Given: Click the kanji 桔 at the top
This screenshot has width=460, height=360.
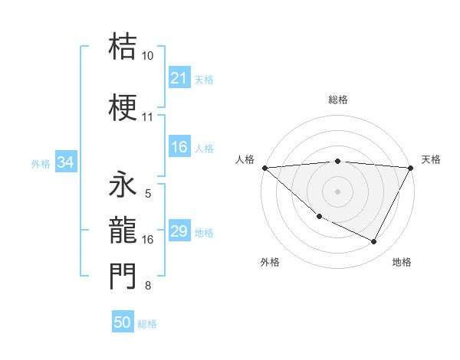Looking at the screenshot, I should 123,47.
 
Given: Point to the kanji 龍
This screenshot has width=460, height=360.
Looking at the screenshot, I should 123,230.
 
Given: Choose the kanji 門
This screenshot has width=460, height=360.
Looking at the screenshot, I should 123,277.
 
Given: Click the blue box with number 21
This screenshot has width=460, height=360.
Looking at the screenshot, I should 179,78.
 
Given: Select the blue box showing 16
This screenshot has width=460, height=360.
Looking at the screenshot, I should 179,148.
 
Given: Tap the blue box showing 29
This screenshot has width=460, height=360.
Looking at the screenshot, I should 179,231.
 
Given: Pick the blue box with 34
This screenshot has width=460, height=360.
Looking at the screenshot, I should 65,162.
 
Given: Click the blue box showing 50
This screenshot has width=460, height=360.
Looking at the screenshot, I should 123,322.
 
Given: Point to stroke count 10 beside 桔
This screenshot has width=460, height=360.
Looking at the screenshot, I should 148,56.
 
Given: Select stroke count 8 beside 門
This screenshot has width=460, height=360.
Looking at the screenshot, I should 148,286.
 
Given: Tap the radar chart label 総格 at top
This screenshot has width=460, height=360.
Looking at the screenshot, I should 338,100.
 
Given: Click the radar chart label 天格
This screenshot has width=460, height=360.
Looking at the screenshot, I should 431,159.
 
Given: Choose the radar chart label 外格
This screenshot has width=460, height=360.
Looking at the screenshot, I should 270,262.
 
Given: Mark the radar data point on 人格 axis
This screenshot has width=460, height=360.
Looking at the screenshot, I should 264,167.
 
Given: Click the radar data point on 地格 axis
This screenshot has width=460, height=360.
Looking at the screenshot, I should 374,242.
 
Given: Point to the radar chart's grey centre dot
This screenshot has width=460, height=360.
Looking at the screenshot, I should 338,191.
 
